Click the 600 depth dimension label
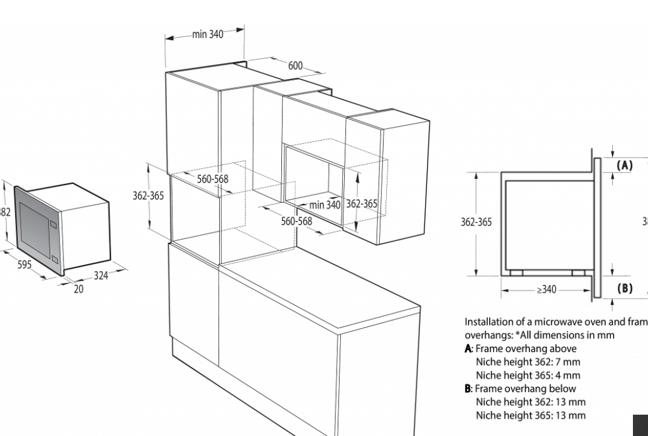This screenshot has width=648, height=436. tap(295, 66)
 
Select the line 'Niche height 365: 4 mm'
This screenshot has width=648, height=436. tap(527, 376)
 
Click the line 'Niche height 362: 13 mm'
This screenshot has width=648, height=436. tap(530, 402)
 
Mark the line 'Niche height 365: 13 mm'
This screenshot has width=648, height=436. tap(530, 415)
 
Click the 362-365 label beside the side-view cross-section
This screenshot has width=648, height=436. tap(477, 222)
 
